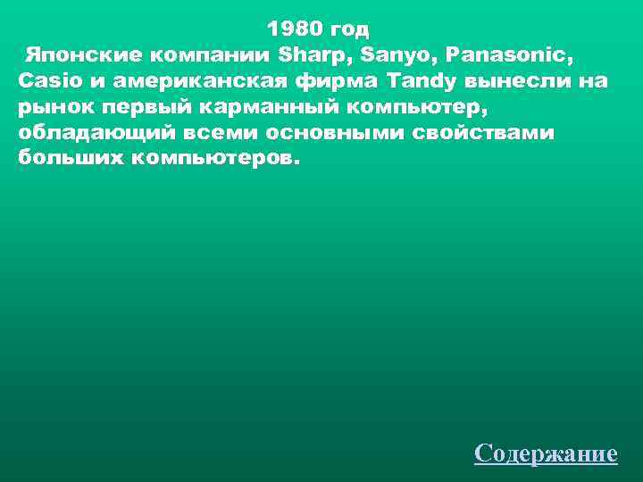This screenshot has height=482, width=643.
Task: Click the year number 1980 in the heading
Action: (294, 29)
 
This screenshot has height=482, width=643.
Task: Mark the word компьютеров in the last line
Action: (214, 159)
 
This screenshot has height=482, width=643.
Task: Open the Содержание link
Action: (546, 453)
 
